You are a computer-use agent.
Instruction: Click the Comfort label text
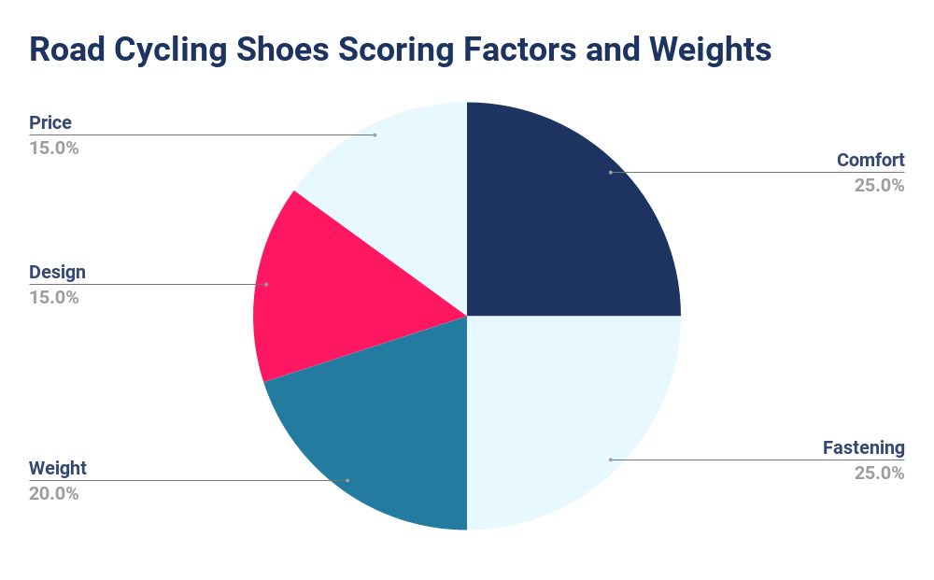click(x=870, y=160)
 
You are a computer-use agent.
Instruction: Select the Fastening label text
click(x=864, y=447)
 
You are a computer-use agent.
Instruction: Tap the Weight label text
click(x=58, y=468)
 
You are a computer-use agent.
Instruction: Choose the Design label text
click(x=57, y=272)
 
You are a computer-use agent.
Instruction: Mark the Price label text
click(x=50, y=122)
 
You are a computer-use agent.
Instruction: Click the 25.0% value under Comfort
click(x=879, y=185)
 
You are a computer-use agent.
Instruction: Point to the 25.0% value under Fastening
click(x=879, y=473)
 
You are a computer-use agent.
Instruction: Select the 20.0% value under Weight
click(x=54, y=493)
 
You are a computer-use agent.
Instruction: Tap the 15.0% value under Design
click(x=54, y=297)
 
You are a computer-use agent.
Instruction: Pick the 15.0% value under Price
click(x=54, y=148)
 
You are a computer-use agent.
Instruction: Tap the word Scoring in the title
click(x=412, y=50)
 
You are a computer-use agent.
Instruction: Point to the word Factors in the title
click(x=545, y=50)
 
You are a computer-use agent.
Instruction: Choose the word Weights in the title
click(x=712, y=50)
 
